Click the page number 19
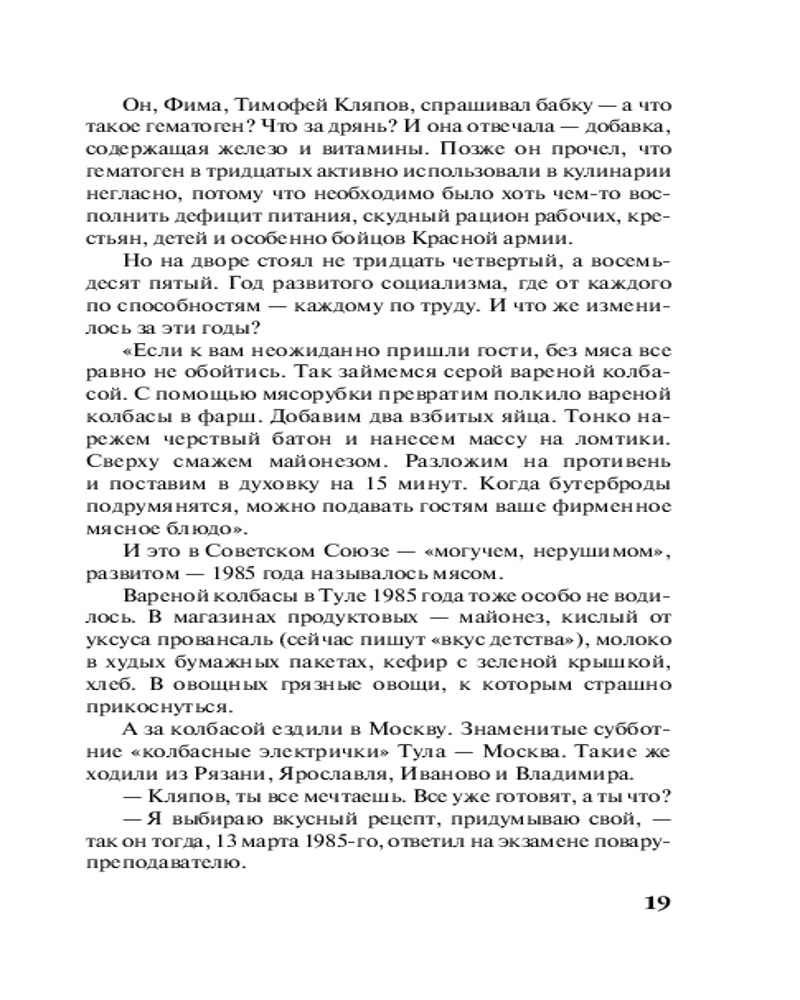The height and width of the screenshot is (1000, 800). (653, 904)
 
